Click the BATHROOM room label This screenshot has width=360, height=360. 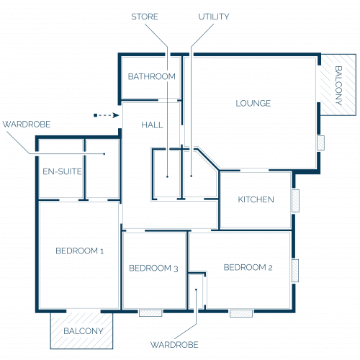tap(152, 76)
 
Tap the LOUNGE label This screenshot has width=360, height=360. tap(253, 104)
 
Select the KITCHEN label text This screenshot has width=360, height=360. tap(256, 199)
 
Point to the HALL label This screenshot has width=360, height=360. tap(152, 125)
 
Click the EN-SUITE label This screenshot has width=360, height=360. tap(62, 171)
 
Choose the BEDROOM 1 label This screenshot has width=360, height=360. tap(80, 251)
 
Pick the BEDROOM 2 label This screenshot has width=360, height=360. tap(248, 267)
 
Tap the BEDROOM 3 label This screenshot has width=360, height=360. tap(153, 269)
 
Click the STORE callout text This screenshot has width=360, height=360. tap(145, 17)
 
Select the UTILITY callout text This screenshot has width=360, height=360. tap(214, 17)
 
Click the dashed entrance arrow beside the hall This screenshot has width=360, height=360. tap(107, 115)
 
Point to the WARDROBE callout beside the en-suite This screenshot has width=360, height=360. tap(27, 125)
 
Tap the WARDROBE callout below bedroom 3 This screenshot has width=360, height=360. tap(174, 345)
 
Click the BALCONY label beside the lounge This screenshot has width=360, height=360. tap(338, 86)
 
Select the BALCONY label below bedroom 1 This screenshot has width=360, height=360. tap(84, 331)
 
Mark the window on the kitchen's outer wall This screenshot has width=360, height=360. tap(295, 201)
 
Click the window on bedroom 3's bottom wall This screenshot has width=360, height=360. tap(150, 313)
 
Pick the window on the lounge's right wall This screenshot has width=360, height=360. tap(320, 143)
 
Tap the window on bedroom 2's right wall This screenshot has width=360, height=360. tap(295, 271)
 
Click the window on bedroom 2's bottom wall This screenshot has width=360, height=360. tap(241, 313)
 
